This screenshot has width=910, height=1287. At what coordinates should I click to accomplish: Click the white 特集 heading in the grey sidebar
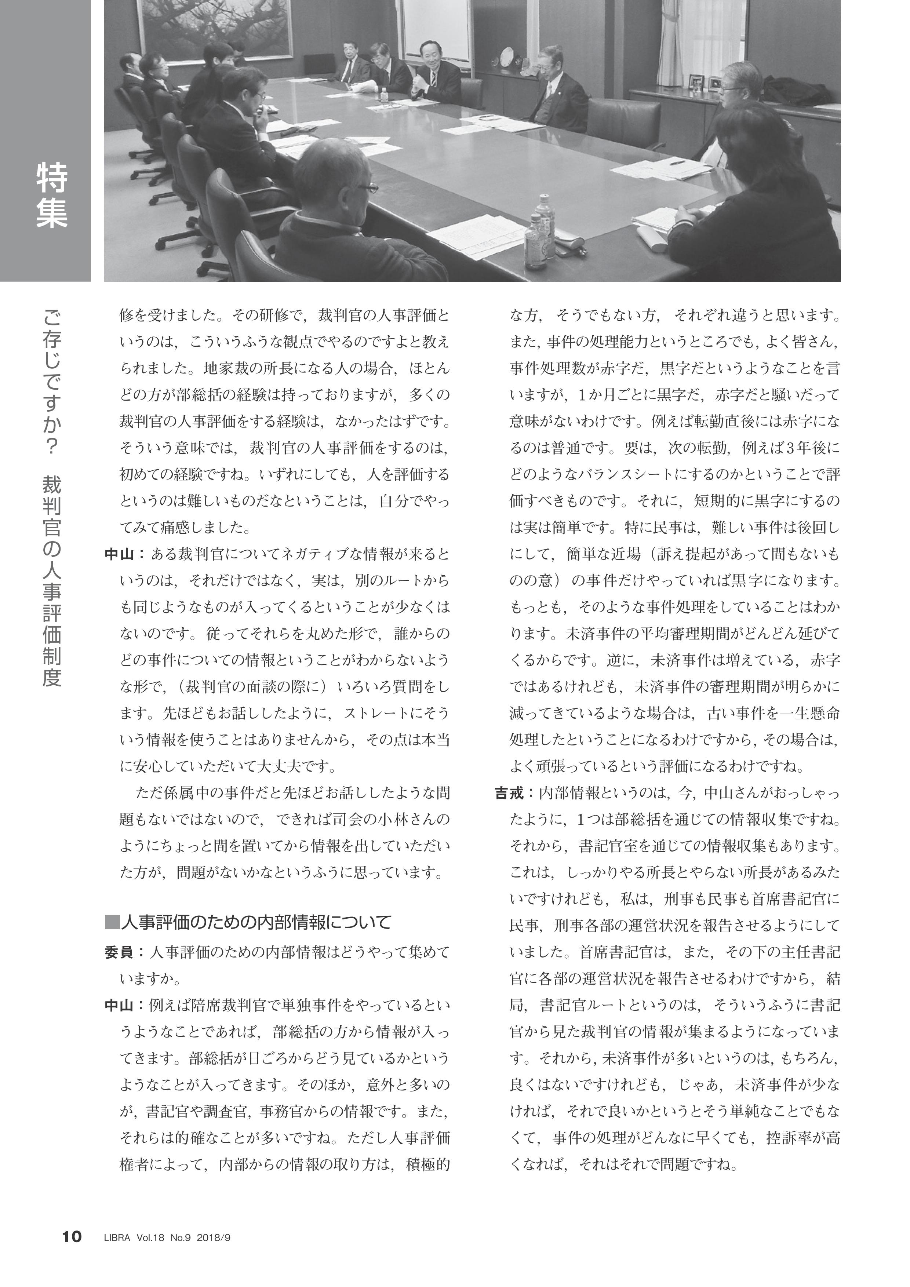52,195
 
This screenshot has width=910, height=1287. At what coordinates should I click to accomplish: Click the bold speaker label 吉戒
509,794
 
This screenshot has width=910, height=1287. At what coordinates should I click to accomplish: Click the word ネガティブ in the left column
294,555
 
